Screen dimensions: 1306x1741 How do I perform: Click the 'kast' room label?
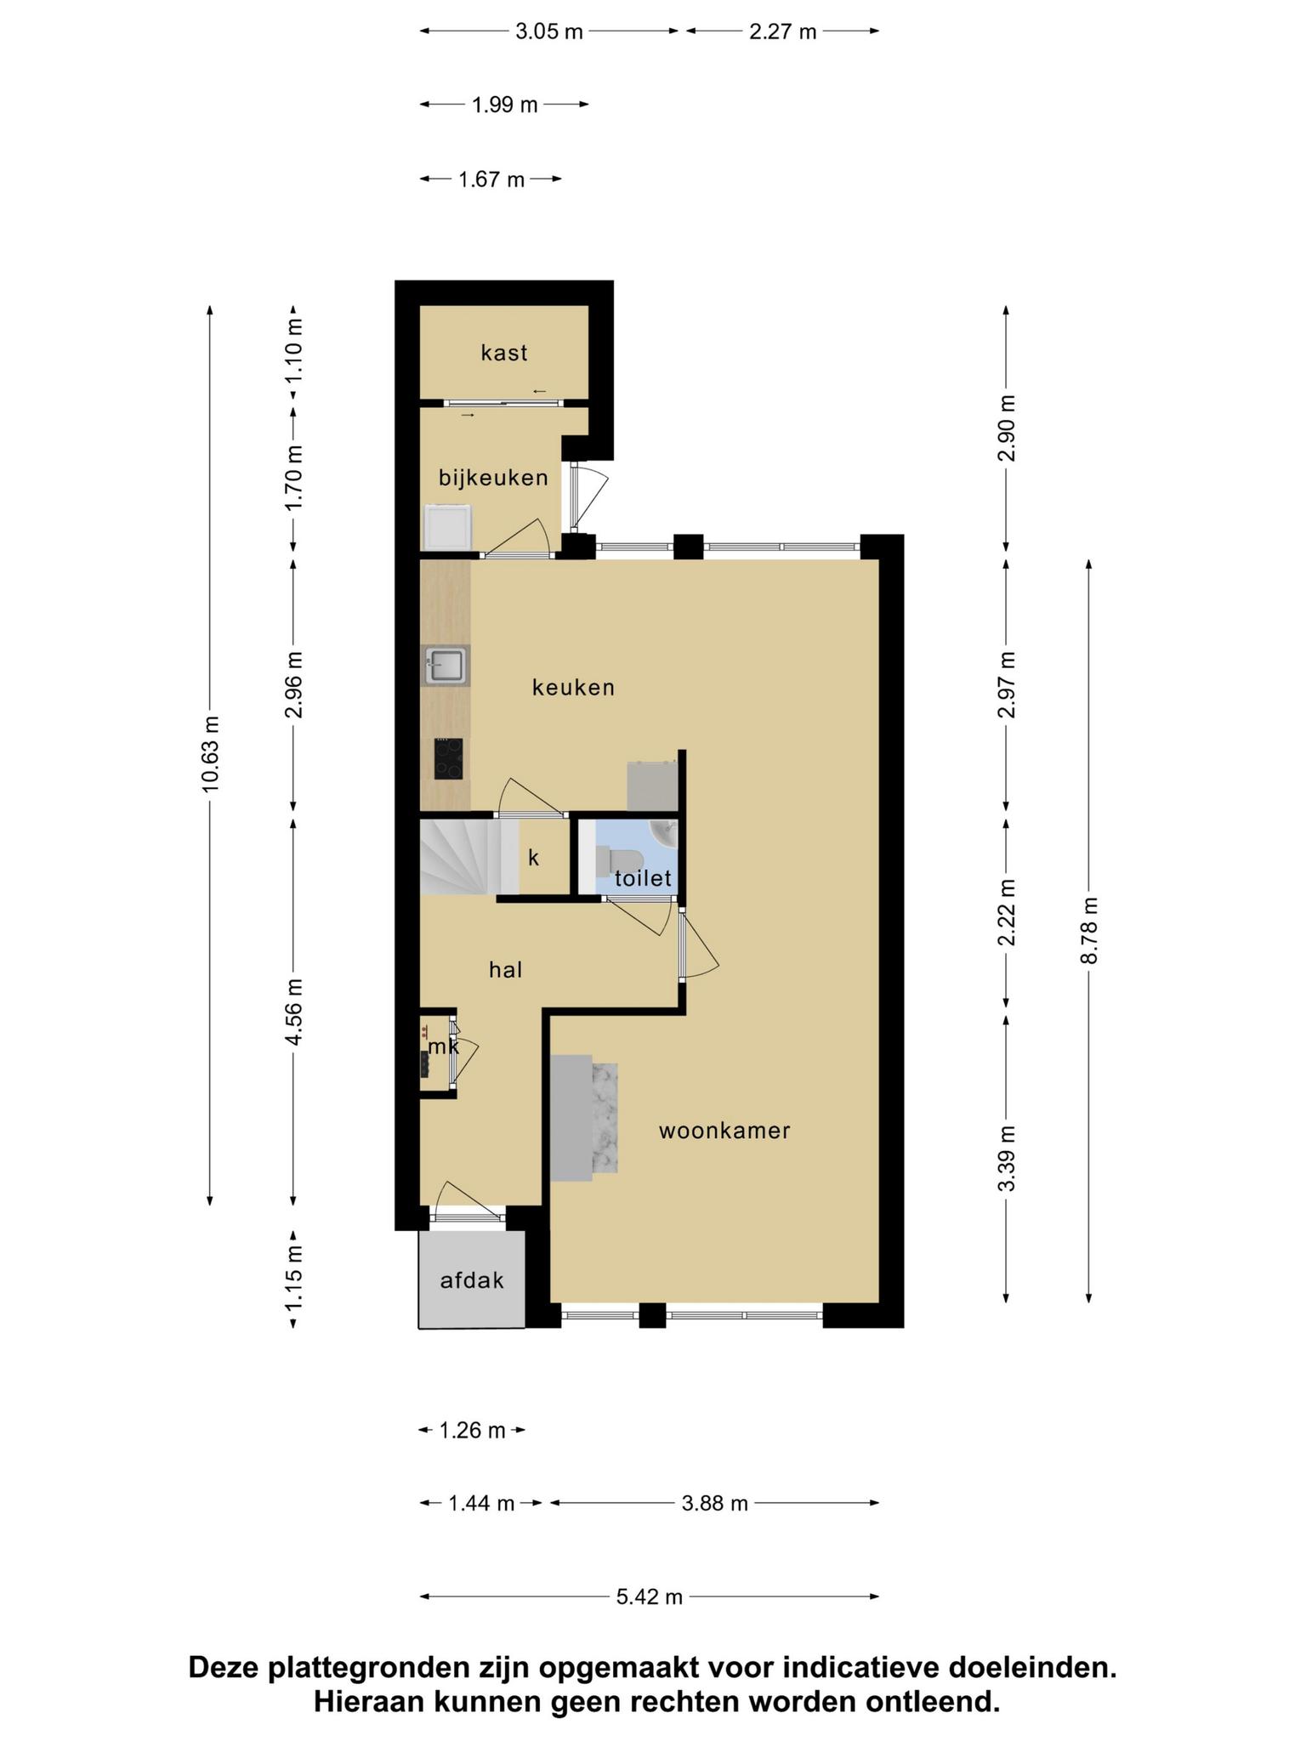coord(504,353)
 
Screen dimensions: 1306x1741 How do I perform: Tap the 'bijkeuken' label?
coord(493,478)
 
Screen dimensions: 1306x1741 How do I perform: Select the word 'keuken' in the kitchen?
coord(573,687)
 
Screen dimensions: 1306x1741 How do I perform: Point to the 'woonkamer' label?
coord(724,1131)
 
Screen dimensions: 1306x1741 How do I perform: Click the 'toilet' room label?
coord(644,878)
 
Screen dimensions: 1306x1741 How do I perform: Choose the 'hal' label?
coord(505,969)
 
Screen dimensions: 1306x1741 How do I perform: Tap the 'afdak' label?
coord(472,1279)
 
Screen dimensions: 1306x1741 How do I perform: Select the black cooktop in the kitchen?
coord(449,758)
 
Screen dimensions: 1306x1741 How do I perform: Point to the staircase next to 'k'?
coord(469,856)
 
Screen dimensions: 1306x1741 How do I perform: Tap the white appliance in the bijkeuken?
coord(448,527)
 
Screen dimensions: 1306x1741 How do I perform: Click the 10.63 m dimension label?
coord(210,755)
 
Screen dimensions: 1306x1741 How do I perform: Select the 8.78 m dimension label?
coord(1089,931)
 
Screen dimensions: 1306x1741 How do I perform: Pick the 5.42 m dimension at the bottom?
coord(650,1596)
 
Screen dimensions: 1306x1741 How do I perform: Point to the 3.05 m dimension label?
coord(549,31)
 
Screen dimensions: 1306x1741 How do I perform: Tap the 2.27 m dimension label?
coord(782,31)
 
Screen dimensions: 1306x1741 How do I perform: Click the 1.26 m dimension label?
coord(472,1430)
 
